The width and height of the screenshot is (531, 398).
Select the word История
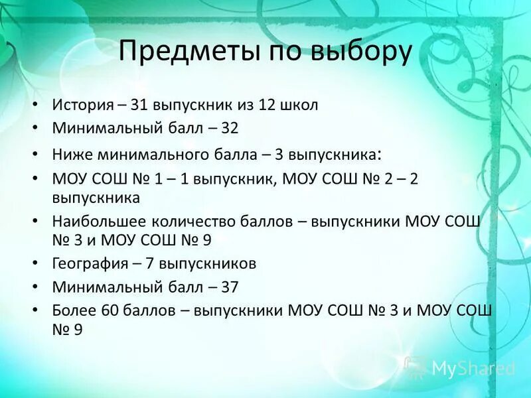tap(80, 105)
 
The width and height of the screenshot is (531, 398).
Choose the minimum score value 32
tap(230, 128)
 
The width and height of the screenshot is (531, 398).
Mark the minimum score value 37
tap(230, 287)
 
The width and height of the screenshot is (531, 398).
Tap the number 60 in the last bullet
tap(111, 310)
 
